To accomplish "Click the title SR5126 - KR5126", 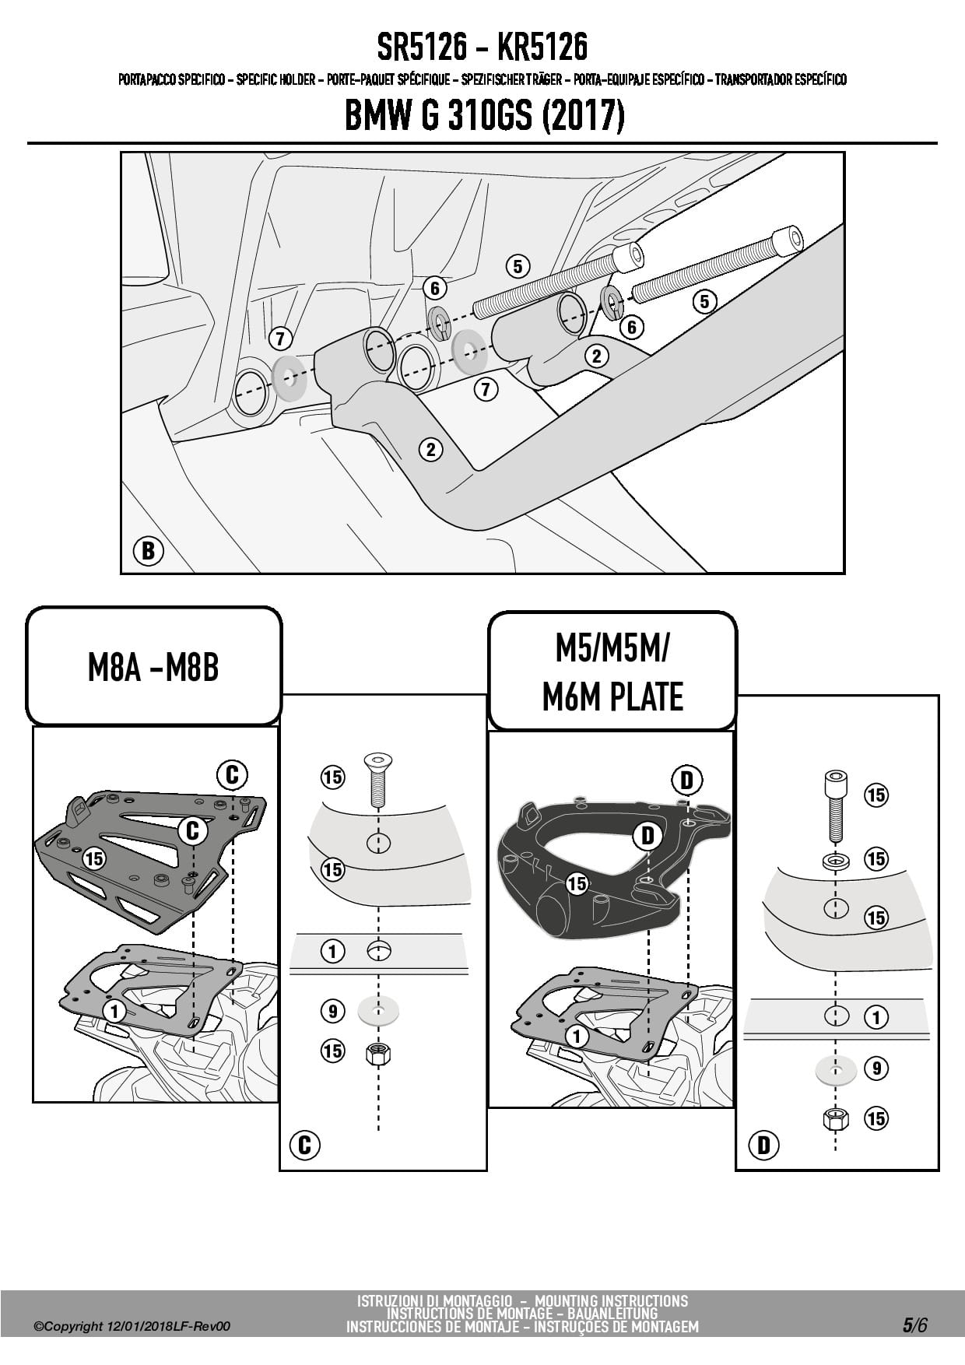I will tap(482, 47).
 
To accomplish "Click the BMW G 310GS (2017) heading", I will tap(483, 116).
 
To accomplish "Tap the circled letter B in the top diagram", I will tap(148, 552).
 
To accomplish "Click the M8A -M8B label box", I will tap(153, 667).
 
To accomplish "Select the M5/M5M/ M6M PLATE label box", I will tap(612, 672).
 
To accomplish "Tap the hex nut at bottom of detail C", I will tap(378, 1054).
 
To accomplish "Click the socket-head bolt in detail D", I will tap(835, 805).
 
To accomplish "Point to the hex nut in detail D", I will tap(835, 1119).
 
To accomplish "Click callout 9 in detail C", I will tap(332, 1011).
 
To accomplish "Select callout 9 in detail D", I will tap(876, 1068).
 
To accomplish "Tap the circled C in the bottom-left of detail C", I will tap(304, 1144).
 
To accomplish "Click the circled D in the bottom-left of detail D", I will tap(763, 1145).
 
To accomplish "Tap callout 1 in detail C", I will tap(332, 951).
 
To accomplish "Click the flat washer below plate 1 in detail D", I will tap(836, 1070).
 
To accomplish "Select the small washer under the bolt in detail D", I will tap(836, 861).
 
